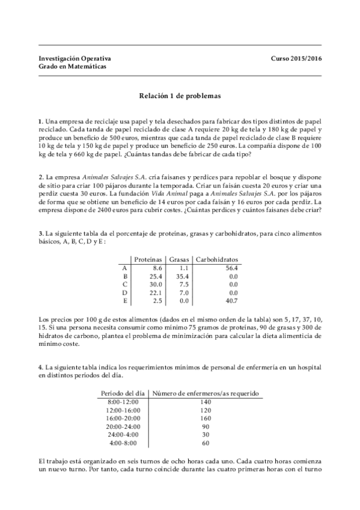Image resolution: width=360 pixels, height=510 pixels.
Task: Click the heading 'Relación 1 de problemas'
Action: click(180, 95)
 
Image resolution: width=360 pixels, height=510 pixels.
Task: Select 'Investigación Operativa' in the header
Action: click(75, 58)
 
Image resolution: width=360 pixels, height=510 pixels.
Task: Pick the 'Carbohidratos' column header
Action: click(217, 259)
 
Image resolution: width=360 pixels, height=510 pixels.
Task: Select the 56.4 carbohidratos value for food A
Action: click(232, 268)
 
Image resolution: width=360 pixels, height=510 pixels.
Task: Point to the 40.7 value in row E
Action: click(232, 301)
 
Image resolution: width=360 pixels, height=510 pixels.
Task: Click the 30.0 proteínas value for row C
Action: click(156, 284)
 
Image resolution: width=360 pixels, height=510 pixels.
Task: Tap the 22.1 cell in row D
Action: click(156, 293)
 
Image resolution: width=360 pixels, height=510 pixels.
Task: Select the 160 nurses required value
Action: click(206, 419)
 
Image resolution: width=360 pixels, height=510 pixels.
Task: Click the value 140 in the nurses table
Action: click(206, 402)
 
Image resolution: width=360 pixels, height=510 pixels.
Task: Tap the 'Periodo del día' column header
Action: click(120, 393)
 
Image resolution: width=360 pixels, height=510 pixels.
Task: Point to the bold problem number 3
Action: click(40, 232)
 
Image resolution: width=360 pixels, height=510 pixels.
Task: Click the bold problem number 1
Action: click(40, 121)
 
